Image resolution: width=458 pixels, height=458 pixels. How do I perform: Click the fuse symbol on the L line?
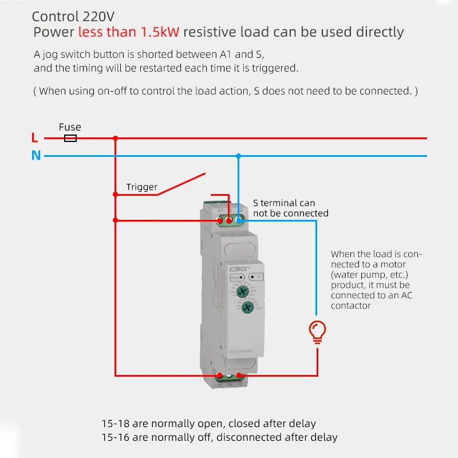pyautogui.click(x=70, y=138)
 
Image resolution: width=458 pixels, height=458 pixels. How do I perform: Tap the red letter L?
pyautogui.click(x=35, y=138)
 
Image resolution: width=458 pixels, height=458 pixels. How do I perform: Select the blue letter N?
pyautogui.click(x=36, y=155)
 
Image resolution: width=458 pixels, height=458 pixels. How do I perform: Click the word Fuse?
pyautogui.click(x=70, y=127)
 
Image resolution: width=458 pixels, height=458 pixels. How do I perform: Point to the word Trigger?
pyautogui.click(x=141, y=187)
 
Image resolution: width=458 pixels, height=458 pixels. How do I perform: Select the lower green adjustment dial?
pyautogui.click(x=247, y=307)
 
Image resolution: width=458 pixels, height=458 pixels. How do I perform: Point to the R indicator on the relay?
pyautogui.click(x=255, y=277)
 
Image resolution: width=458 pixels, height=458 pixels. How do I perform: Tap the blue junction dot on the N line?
pyautogui.click(x=239, y=156)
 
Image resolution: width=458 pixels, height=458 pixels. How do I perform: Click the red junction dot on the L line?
pyautogui.click(x=116, y=138)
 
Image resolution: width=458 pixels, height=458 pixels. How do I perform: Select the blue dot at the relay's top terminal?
pyautogui.click(x=239, y=220)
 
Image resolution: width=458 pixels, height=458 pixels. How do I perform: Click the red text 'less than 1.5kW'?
pyautogui.click(x=129, y=32)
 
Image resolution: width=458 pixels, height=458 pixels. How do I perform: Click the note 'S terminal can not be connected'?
pyautogui.click(x=290, y=208)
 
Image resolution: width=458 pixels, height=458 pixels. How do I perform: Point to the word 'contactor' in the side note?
pyautogui.click(x=350, y=306)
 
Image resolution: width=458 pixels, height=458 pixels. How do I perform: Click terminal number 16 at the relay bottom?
pyautogui.click(x=230, y=385)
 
